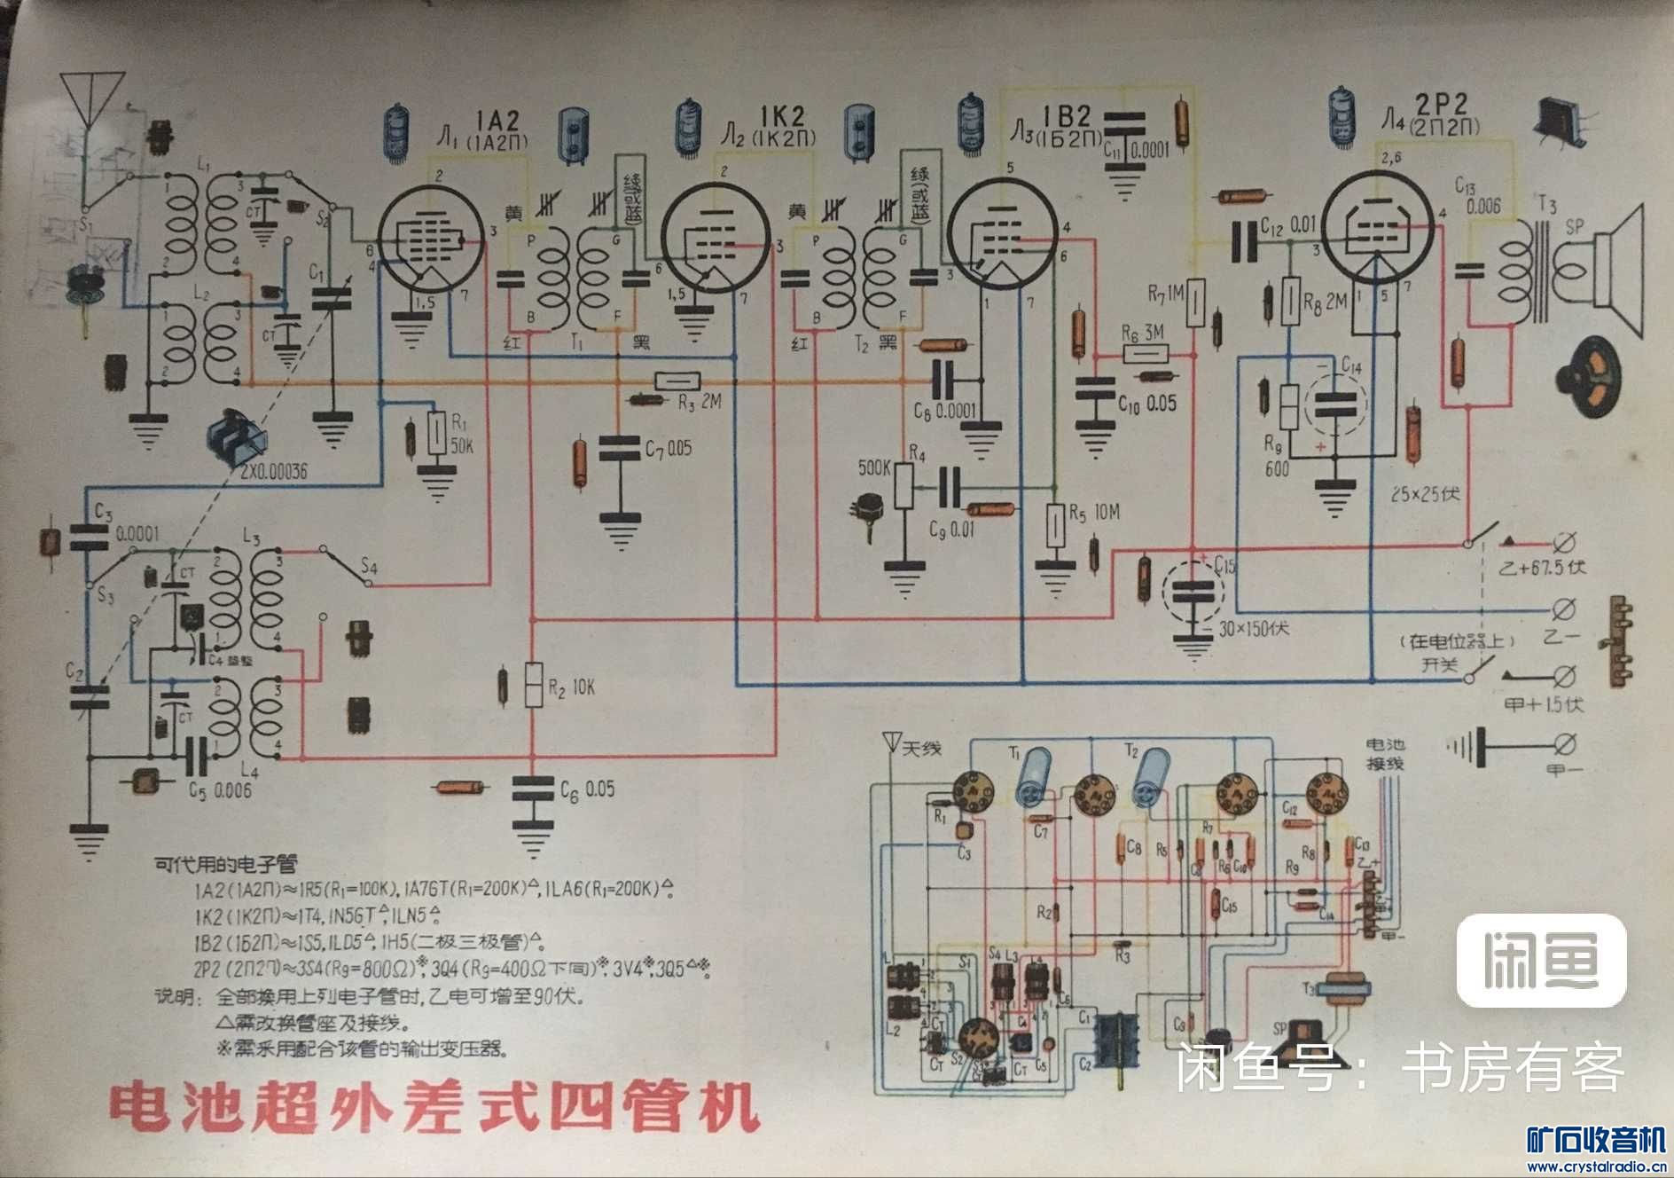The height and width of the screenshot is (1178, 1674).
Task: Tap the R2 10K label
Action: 572,687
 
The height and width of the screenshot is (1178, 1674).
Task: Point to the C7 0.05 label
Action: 668,449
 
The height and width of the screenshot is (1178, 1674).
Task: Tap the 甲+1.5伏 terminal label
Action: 1544,704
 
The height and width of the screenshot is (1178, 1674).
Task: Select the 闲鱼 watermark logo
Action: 1542,961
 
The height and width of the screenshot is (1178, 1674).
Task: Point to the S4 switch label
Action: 369,565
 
